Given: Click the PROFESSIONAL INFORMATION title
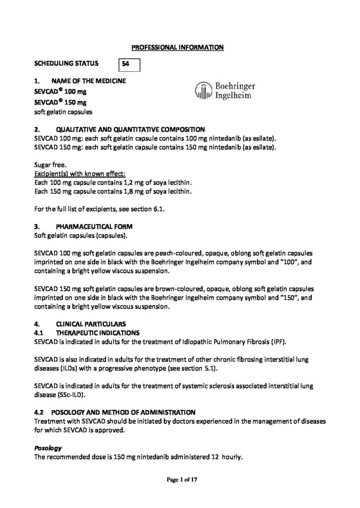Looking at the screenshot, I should pyautogui.click(x=178, y=48).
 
